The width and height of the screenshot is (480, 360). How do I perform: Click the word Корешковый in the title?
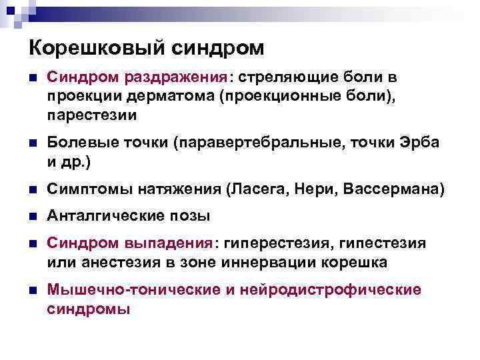(x=89, y=48)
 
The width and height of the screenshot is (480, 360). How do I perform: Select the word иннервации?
(x=275, y=262)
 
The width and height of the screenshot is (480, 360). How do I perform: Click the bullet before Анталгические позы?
(x=32, y=216)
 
